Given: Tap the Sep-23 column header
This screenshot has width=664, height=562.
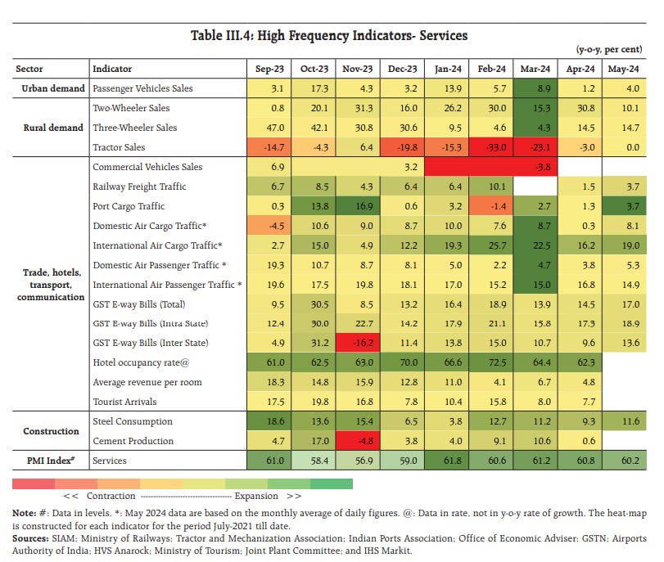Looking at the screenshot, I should pos(269,69).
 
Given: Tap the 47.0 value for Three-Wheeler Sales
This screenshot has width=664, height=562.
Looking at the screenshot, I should pos(269,128).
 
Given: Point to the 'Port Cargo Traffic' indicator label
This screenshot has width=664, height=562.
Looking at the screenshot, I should pos(129,206).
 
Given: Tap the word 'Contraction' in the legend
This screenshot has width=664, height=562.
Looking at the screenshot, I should pos(111,496).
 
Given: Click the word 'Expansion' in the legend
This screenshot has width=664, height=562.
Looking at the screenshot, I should pos(256,496).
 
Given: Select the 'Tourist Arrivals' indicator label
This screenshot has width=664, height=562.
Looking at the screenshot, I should pos(125,402).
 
